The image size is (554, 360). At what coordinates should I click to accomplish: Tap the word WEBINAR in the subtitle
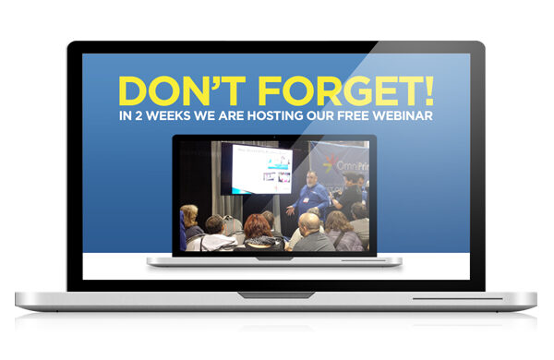coord(403,116)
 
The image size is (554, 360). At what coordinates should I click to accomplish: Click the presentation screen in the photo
coord(260,169)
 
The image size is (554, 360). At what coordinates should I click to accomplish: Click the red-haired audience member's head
coord(258,224)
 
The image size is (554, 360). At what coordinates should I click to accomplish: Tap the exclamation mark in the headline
coord(427,90)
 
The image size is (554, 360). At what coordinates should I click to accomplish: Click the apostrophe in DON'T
coord(214,80)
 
